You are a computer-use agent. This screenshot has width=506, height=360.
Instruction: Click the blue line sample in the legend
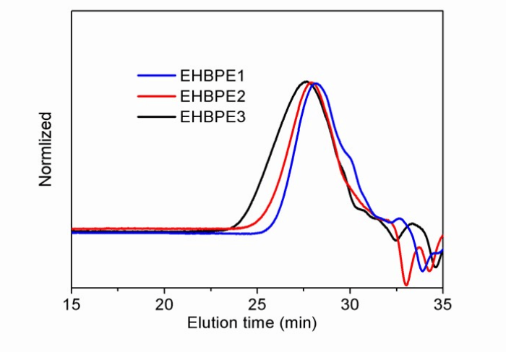pos(157,75)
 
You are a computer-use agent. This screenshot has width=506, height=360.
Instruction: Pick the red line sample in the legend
pos(157,95)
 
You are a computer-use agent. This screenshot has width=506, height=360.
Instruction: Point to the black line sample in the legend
pos(157,116)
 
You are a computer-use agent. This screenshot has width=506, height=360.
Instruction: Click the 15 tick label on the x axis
pos(72,304)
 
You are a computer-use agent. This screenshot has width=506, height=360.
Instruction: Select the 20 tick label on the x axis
pos(165,304)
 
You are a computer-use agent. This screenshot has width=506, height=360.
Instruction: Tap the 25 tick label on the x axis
pos(258,304)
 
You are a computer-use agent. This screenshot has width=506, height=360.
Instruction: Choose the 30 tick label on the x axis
pos(351,304)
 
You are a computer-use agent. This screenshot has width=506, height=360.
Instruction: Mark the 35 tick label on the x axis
pos(442,304)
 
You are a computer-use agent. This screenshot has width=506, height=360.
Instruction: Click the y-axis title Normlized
pos(46,149)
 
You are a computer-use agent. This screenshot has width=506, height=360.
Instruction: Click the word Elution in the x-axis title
pos(209,322)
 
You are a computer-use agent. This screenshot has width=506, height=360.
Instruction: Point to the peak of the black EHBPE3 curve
pos(306,82)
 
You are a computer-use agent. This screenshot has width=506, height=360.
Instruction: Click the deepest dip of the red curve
pos(406,284)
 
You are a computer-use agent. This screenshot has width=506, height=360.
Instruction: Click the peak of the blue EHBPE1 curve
pos(316,83)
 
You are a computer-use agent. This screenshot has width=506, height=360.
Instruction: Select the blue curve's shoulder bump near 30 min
pos(351,157)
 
